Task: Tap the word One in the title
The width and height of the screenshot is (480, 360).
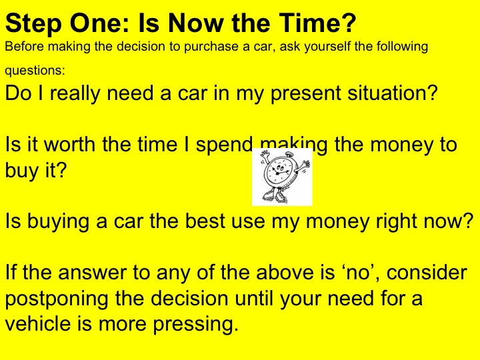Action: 91,26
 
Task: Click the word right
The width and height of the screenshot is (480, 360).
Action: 389,221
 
